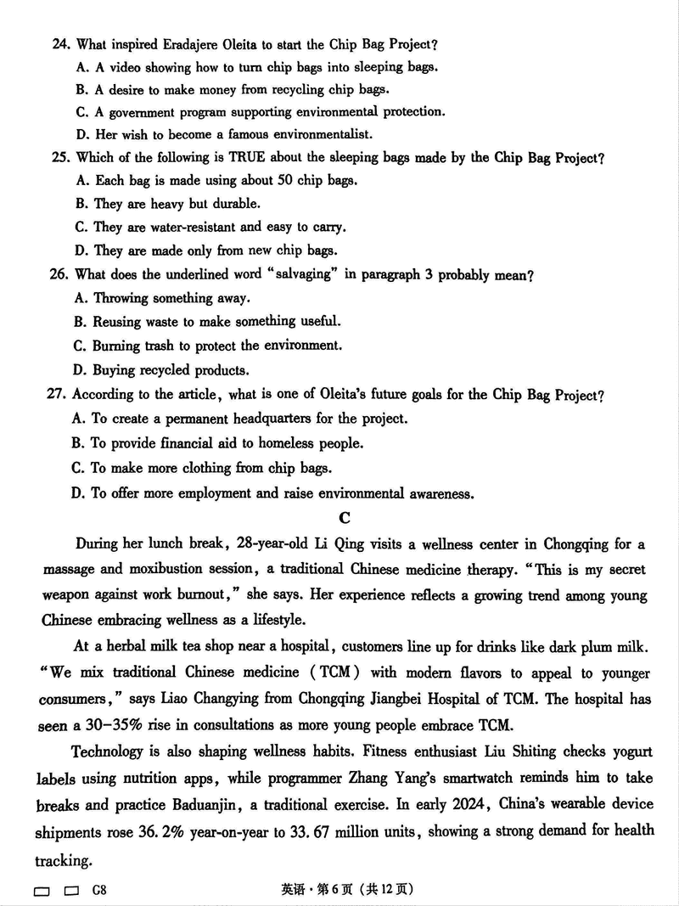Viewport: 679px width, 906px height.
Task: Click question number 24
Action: pyautogui.click(x=61, y=44)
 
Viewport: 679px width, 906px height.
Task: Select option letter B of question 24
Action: pyautogui.click(x=81, y=89)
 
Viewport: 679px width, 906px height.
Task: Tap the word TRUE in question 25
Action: pyautogui.click(x=247, y=157)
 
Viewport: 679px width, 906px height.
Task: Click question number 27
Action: pyautogui.click(x=59, y=394)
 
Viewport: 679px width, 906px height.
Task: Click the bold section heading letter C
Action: pyautogui.click(x=344, y=517)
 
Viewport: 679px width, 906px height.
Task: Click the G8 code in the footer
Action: pyautogui.click(x=99, y=890)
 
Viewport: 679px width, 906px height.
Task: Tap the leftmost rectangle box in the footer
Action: pyautogui.click(x=42, y=891)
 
